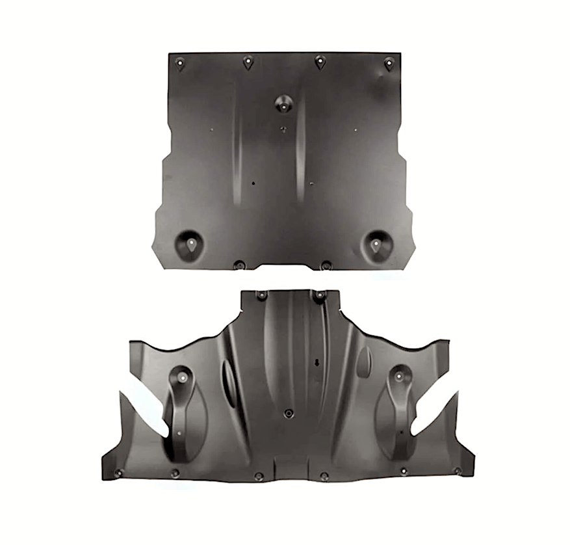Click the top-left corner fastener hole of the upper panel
click(180, 62)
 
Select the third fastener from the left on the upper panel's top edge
click(320, 61)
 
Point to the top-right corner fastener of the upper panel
click(389, 64)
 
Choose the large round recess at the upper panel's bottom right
click(376, 244)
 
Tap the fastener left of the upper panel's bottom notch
click(239, 265)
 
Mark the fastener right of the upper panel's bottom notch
click(326, 265)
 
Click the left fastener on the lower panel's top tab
click(261, 296)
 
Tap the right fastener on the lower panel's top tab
click(319, 296)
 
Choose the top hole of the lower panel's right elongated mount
click(398, 376)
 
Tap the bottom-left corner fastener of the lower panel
click(118, 473)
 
